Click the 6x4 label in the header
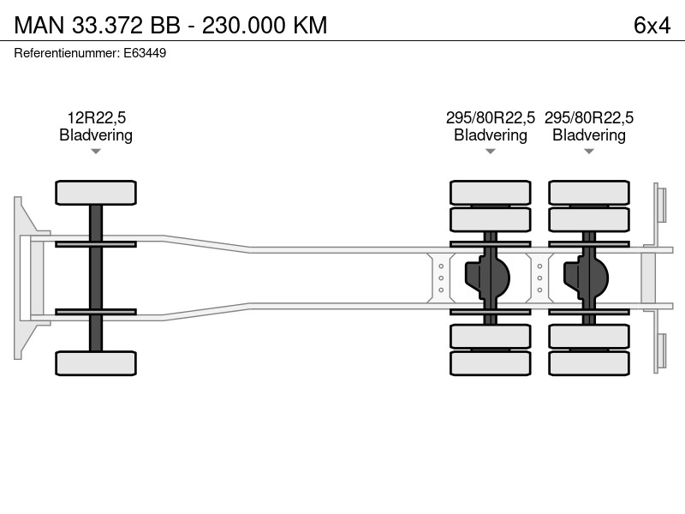(652, 26)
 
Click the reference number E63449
(145, 53)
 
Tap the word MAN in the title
(39, 26)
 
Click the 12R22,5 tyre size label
(96, 117)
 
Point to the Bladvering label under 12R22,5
(96, 135)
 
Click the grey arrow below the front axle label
(96, 152)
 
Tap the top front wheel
(96, 193)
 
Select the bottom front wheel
(96, 363)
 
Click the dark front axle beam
(96, 278)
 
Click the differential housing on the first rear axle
(487, 278)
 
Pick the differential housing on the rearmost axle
(586, 278)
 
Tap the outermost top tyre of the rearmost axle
(589, 193)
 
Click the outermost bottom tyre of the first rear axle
(490, 363)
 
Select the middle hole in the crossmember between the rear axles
(539, 278)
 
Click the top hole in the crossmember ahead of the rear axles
(441, 266)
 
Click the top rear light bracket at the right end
(660, 205)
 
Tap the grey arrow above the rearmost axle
(589, 152)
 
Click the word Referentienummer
(67, 53)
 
